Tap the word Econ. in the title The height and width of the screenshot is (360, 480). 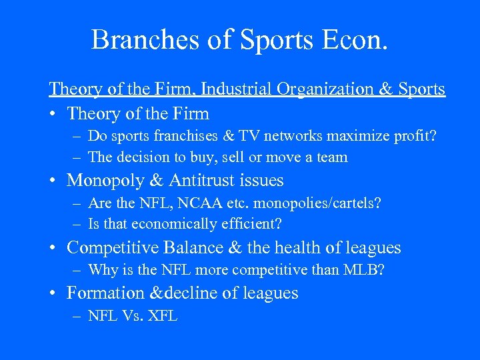pos(353,40)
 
